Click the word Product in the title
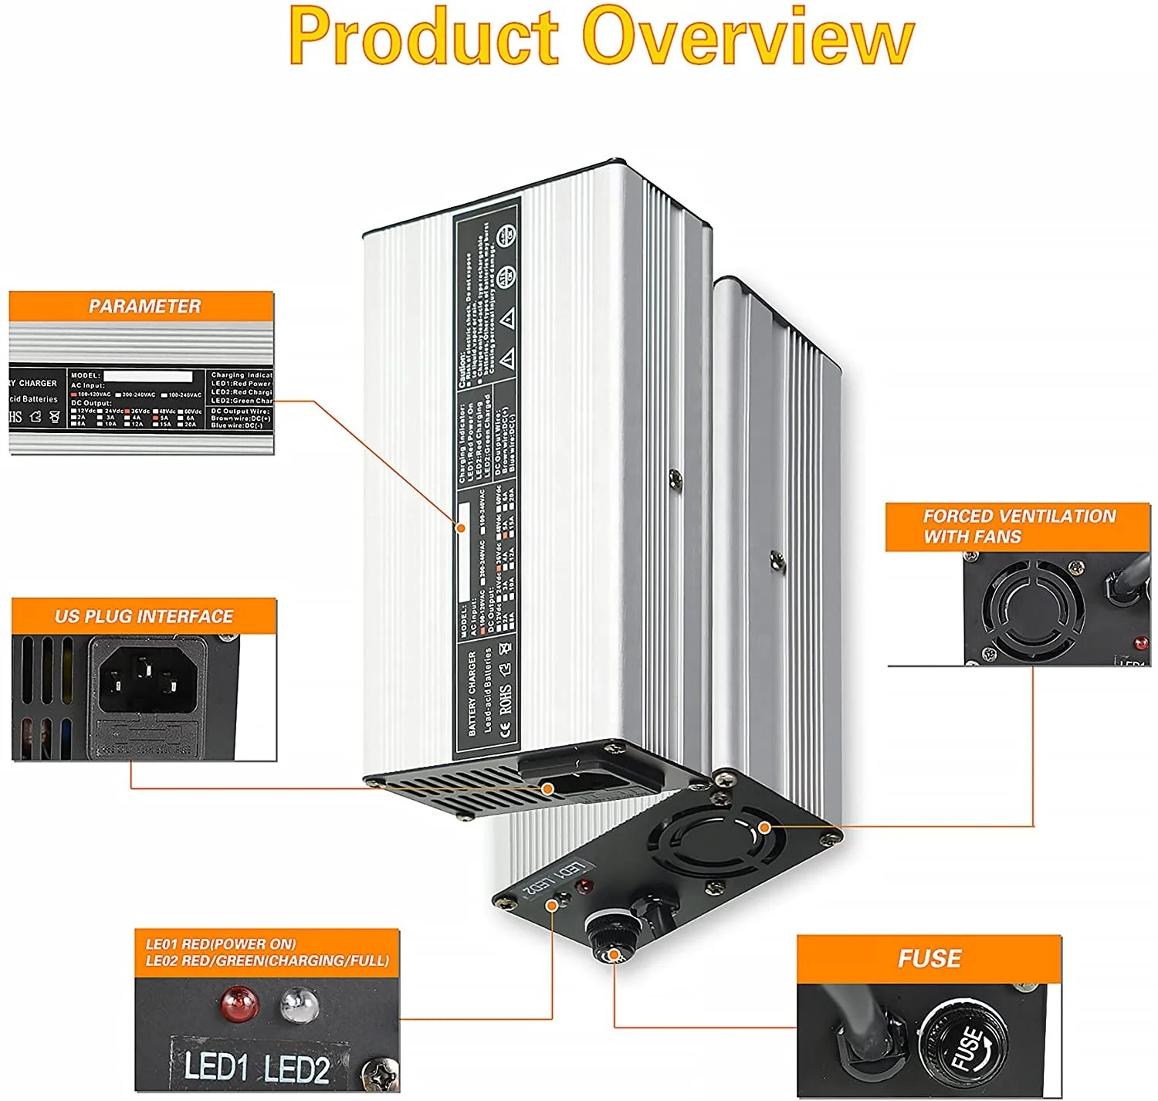click(x=423, y=37)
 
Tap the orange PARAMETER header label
click(x=144, y=307)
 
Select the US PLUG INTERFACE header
click(x=144, y=616)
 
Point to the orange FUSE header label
click(x=929, y=959)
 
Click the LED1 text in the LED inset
click(x=215, y=1067)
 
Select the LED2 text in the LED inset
click(x=296, y=1069)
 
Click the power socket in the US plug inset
click(x=147, y=676)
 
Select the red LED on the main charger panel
click(x=584, y=886)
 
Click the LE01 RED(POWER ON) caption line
click(x=221, y=944)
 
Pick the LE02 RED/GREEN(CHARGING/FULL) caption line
click(x=267, y=961)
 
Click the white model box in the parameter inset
click(x=147, y=376)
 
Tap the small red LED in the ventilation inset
click(x=1139, y=643)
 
